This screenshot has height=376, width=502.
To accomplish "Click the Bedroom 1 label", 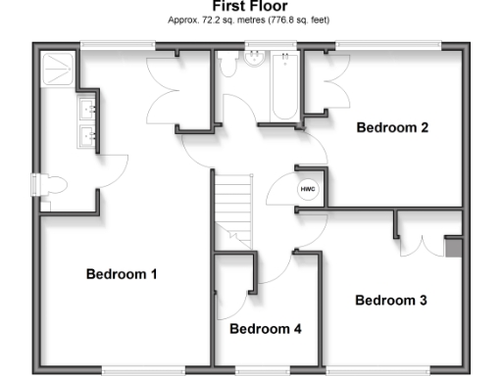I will [x=122, y=274].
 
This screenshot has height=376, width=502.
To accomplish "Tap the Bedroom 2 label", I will [x=392, y=127].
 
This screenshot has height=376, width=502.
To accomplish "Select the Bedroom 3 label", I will [x=390, y=301].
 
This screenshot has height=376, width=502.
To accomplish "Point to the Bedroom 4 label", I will [x=265, y=329].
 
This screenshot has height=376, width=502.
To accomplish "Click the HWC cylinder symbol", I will [x=307, y=188].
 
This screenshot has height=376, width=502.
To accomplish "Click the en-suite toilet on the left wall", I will [x=52, y=185].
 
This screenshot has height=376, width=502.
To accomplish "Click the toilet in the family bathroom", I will [x=227, y=65].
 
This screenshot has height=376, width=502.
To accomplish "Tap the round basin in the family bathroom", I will [x=256, y=57].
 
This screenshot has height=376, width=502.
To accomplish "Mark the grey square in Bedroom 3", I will [x=452, y=247].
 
